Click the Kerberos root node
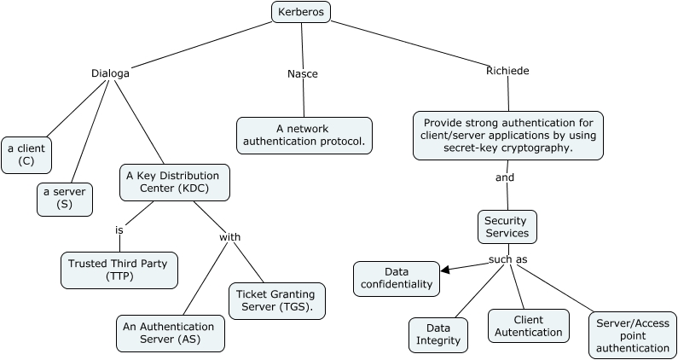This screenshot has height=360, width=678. tap(301, 12)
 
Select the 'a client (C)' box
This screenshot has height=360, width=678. tap(26, 155)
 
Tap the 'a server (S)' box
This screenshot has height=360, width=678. tap(65, 200)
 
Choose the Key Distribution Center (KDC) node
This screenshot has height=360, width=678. tap(175, 183)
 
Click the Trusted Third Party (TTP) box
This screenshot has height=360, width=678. tap(119, 270)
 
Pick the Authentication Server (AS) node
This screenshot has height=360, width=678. tap(171, 334)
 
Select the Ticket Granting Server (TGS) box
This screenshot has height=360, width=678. tap(276, 301)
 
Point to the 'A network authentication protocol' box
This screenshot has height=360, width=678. tap(304, 136)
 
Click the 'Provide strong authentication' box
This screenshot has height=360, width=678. tap(508, 136)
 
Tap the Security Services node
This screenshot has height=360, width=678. tap(507, 227)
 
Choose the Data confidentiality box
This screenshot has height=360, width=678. tap(397, 279)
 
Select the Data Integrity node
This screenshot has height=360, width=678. tap(438, 335)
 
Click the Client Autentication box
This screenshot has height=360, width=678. tap(529, 326)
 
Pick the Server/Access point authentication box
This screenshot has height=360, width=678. tap(633, 335)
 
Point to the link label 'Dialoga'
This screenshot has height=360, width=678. tap(110, 73)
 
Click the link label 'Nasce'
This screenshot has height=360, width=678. tap(303, 74)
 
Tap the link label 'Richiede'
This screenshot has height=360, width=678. tap(507, 71)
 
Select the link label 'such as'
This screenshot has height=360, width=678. tap(508, 259)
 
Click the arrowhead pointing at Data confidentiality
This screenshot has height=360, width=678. tap(445, 270)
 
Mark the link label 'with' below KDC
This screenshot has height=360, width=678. tap(229, 237)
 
